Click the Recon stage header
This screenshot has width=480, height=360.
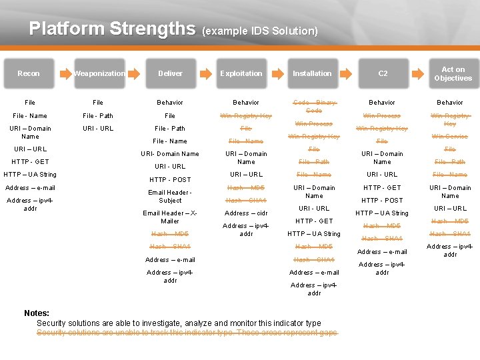coord(29,73)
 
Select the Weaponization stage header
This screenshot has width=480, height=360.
coord(99,73)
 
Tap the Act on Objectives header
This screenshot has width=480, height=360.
coord(453,73)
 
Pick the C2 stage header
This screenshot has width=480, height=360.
coord(383,73)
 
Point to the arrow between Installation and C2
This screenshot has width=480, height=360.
coord(348,73)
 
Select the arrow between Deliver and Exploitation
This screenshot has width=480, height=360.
coord(206,73)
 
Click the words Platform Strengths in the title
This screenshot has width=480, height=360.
coord(112,29)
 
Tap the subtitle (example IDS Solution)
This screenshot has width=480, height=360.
coord(259,31)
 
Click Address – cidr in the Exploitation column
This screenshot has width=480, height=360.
coord(246,213)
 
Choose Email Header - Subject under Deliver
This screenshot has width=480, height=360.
coord(170,197)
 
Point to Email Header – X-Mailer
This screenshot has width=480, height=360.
coord(170,217)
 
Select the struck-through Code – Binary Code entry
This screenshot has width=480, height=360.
coord(314,106)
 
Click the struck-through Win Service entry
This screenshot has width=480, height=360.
coord(450,137)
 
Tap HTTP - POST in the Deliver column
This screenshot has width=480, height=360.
coord(170,179)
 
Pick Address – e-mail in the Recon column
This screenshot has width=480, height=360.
coord(29,188)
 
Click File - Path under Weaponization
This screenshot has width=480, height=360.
coord(98,116)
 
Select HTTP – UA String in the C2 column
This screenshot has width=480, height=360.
coord(382,213)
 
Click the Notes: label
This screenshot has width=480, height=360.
coord(37,313)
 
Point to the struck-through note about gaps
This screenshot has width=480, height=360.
coord(187,333)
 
